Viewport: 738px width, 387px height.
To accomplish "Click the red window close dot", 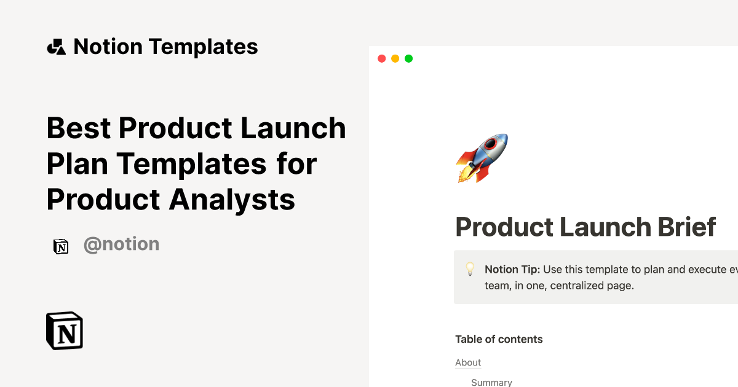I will coord(381,58).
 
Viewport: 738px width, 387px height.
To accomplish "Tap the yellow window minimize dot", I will coord(395,58).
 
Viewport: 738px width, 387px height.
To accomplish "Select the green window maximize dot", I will coord(408,58).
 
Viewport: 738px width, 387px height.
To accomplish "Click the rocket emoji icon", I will coord(482,158).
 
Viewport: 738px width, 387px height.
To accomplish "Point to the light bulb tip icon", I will coord(470,269).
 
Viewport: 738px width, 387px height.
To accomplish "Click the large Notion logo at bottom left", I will coord(65,330).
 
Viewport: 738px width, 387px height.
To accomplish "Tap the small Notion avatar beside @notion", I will coord(61,246).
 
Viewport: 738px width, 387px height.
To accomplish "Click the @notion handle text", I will coord(121,244).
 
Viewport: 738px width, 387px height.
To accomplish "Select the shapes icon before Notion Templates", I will coord(56,47).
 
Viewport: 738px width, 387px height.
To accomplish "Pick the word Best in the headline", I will coord(79,128).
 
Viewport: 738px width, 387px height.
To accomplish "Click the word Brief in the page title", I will coord(683,227).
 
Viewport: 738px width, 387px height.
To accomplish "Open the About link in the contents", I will coord(468,362).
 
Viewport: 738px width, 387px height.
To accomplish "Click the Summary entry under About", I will coord(491,382).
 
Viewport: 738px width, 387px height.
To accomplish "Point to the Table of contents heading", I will coord(499,339).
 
